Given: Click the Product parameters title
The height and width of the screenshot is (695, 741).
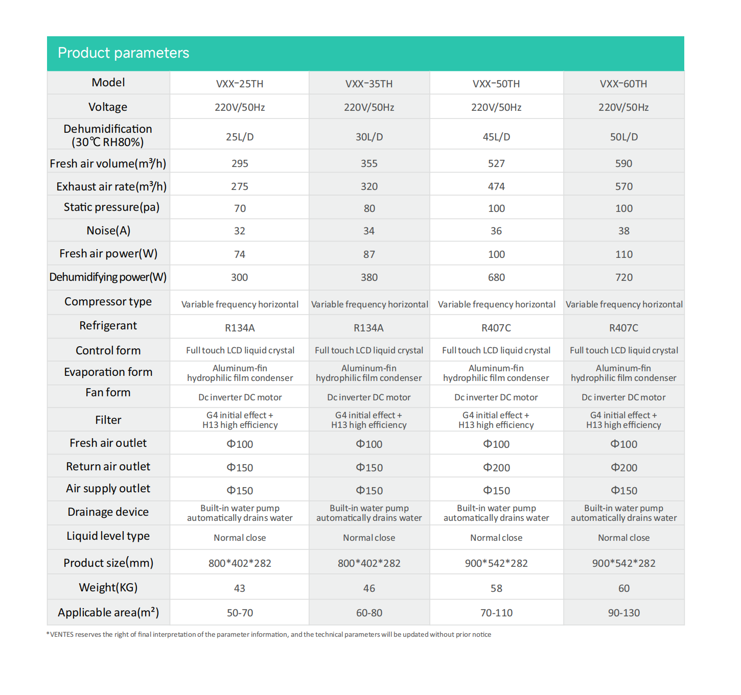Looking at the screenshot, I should point(123,53).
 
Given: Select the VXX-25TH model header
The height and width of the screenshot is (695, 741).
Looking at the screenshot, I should point(240,84).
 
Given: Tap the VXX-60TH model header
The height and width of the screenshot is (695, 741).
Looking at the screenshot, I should point(623,84).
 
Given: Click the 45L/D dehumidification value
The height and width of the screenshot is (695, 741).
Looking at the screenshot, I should point(496,137).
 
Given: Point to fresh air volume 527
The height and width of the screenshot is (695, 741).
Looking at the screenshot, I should point(496,163).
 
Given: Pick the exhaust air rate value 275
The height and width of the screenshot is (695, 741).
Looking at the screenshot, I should point(240,186).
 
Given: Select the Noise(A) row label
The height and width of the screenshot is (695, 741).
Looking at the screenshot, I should point(108,230).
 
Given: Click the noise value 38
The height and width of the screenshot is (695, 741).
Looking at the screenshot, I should point(623,231).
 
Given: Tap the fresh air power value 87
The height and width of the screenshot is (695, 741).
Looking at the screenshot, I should point(369,254).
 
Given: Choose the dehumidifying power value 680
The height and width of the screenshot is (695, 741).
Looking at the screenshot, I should point(496,277).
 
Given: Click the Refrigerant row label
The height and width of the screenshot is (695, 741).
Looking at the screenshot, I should point(108,326).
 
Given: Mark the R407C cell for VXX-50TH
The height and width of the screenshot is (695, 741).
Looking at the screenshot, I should point(496,328).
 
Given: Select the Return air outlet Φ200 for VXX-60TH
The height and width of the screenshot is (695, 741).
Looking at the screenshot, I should point(623,467).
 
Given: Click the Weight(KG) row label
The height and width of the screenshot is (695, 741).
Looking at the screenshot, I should point(108,587).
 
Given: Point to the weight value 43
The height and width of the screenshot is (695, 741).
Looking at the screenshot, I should point(240,588).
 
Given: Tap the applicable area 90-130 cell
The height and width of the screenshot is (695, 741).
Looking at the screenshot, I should point(623,613).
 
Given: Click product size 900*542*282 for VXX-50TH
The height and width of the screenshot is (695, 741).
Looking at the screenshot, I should point(496,563).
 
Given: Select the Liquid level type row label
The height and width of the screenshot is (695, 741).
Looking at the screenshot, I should point(108,536).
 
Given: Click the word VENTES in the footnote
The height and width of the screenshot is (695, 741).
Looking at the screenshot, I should point(62,635).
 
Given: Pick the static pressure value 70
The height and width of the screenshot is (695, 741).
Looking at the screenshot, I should point(240,208).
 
